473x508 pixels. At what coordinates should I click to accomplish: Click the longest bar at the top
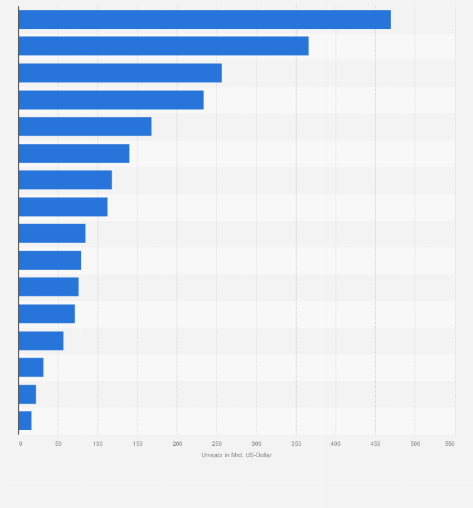(205, 19)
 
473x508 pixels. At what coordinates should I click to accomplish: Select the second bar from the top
(163, 46)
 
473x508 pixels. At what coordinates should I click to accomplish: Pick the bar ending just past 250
(120, 73)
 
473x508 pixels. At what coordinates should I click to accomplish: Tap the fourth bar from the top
(111, 100)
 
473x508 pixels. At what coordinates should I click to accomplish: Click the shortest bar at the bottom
(25, 421)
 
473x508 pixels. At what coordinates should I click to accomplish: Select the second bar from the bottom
(27, 394)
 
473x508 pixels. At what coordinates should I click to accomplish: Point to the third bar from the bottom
(31, 367)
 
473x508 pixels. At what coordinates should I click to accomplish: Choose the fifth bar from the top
(85, 126)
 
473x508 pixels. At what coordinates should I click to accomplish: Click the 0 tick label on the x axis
(20, 444)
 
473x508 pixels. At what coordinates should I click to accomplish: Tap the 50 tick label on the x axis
(58, 444)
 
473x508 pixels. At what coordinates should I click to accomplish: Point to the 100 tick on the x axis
(98, 444)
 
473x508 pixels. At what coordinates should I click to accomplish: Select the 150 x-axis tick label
(137, 444)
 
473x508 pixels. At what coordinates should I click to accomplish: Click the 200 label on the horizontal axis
(177, 444)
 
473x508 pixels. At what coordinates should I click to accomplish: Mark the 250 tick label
(216, 444)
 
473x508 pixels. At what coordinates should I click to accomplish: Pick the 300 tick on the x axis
(257, 444)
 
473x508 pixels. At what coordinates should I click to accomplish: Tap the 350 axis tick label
(296, 444)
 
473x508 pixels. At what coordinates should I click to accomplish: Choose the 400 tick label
(336, 444)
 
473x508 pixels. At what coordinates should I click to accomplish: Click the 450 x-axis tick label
(375, 444)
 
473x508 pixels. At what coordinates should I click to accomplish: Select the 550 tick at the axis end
(450, 444)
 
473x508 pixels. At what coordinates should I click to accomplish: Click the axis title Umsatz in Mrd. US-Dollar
(236, 455)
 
